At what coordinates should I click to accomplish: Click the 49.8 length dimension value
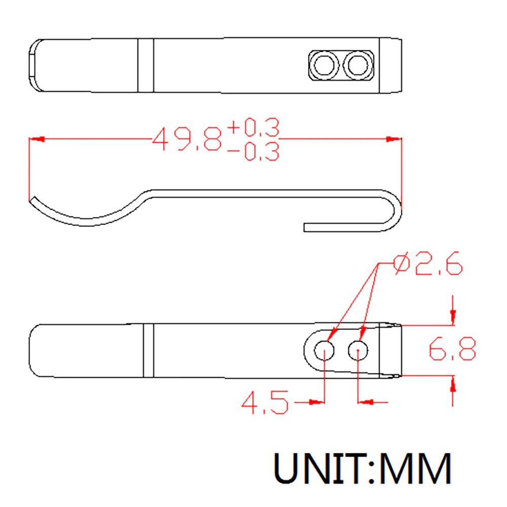click(187, 138)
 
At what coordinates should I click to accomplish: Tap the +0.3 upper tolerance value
click(253, 128)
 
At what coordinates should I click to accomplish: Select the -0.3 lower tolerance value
click(253, 152)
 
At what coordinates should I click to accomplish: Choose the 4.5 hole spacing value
click(265, 403)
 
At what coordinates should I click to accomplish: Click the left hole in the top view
click(324, 65)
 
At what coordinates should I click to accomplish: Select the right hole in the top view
click(357, 65)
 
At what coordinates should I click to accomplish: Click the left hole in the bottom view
click(324, 349)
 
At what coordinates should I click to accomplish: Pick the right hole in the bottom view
click(358, 349)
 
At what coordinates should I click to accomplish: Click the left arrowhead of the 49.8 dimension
click(37, 138)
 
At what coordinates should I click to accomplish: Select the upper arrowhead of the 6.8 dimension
click(453, 316)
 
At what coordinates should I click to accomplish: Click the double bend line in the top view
click(146, 66)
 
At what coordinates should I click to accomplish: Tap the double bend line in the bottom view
click(148, 350)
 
